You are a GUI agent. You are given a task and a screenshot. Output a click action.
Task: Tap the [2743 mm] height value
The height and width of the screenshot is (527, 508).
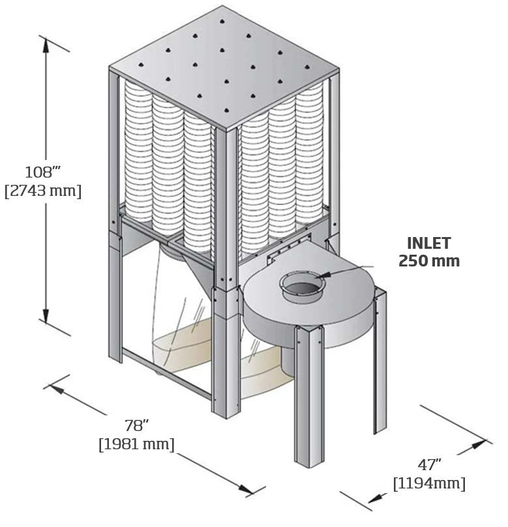[x=42, y=192]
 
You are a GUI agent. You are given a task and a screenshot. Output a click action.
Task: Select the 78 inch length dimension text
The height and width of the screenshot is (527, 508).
[x=137, y=426]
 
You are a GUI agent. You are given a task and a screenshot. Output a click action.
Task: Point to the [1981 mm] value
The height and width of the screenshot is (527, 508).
[x=137, y=445]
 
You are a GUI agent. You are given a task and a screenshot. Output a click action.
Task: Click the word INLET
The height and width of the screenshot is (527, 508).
[x=428, y=244]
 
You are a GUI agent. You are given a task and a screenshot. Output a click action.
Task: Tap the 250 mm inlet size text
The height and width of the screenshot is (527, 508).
[x=428, y=261]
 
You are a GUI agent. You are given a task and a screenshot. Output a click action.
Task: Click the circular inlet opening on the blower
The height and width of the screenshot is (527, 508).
[x=301, y=285]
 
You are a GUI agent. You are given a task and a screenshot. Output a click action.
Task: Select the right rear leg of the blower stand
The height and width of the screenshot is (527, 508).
[x=379, y=366]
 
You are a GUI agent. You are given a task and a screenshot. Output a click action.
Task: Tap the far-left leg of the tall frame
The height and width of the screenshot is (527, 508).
[x=114, y=294]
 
